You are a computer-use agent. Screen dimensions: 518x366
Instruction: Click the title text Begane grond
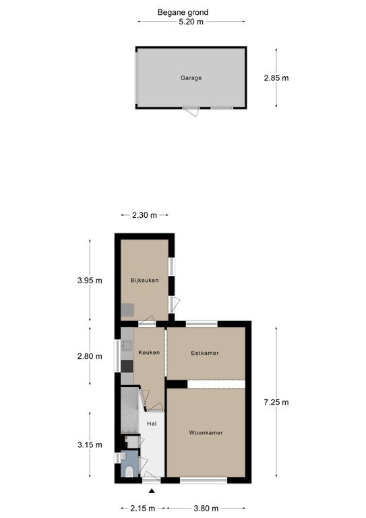tap(183, 12)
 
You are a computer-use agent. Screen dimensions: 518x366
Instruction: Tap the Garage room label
tap(191, 78)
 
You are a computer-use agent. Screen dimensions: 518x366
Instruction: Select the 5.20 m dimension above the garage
tap(190, 22)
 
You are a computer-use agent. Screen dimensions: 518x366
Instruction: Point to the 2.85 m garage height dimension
tap(276, 78)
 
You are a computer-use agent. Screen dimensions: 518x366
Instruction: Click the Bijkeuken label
tap(144, 280)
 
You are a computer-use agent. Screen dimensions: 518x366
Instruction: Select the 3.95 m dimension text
tap(89, 280)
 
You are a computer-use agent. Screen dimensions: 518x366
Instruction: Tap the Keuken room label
tap(149, 353)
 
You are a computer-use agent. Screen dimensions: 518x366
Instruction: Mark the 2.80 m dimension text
tap(89, 357)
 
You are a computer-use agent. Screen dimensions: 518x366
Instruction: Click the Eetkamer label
tap(205, 353)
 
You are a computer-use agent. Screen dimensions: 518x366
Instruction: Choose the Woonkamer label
tap(206, 433)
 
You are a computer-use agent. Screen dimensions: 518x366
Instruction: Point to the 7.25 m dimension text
tap(276, 403)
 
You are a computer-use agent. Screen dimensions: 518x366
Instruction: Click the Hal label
tap(152, 424)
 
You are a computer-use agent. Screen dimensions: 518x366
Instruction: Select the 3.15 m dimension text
tap(89, 444)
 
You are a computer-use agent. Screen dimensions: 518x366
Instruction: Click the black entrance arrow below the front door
tap(152, 492)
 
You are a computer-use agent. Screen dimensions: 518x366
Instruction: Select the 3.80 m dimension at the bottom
tap(206, 508)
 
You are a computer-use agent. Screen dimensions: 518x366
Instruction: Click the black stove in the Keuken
tap(127, 366)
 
